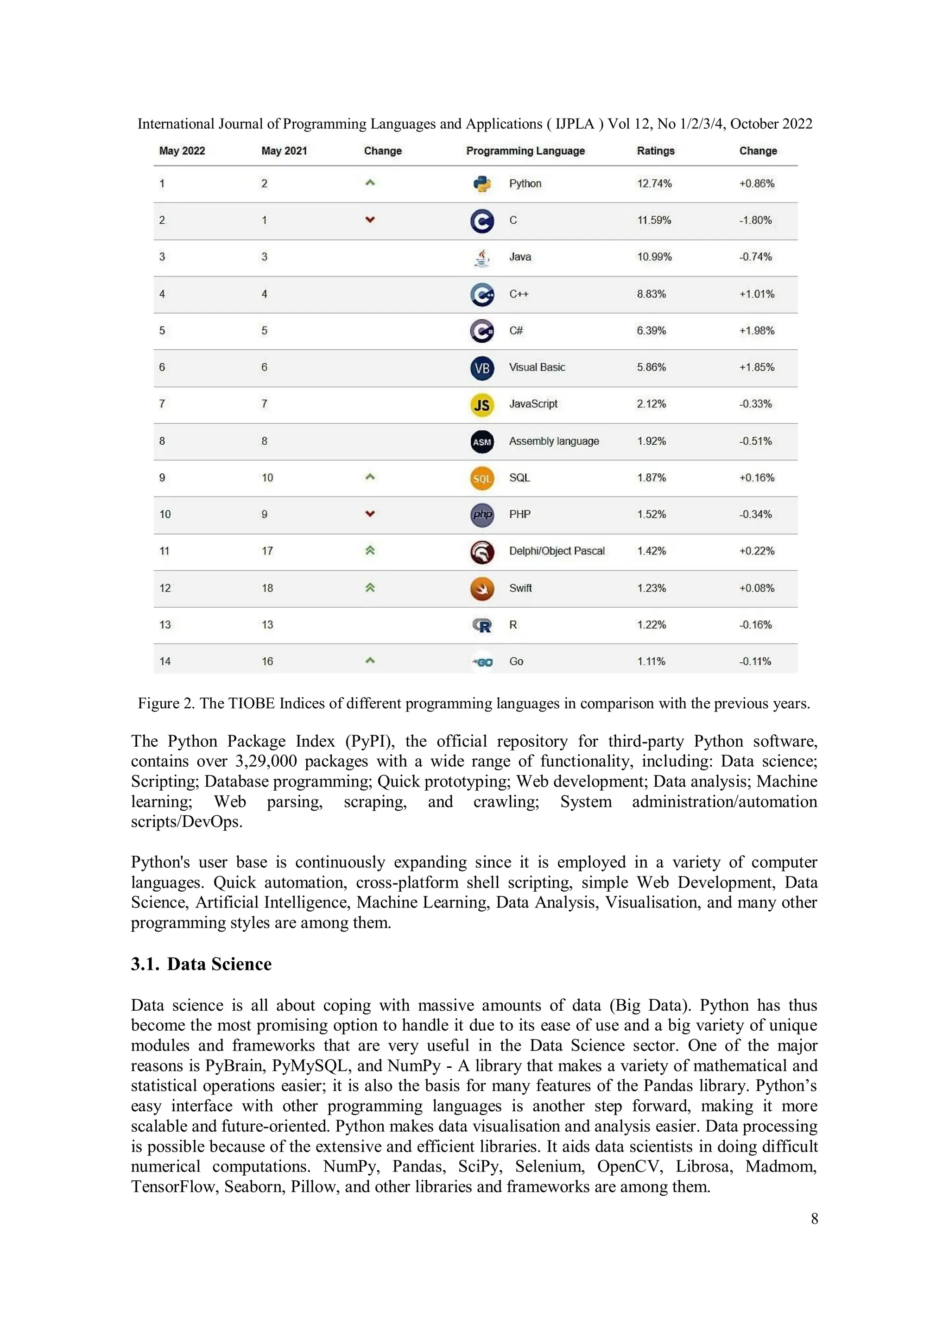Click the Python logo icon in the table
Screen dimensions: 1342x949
482,184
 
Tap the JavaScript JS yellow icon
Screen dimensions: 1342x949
482,404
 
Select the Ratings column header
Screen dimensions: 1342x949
656,151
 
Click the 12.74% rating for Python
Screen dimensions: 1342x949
654,183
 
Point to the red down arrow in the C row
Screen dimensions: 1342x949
369,220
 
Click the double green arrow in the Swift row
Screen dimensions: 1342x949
369,587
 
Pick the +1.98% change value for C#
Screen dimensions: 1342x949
757,331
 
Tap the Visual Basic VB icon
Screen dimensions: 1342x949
482,368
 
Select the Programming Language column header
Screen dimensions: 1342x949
525,151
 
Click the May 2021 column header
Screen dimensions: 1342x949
284,151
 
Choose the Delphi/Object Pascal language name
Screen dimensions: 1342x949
557,551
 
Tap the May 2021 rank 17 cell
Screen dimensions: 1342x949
267,551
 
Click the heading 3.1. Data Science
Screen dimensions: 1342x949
201,964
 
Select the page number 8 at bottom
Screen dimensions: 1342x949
814,1219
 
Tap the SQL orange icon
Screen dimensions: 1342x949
482,478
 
